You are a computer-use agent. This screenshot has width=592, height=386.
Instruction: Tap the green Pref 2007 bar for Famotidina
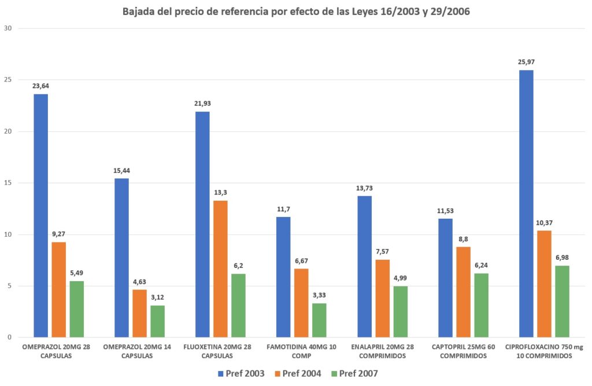click(x=319, y=320)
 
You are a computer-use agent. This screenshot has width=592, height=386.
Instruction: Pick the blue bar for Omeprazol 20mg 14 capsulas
click(x=121, y=258)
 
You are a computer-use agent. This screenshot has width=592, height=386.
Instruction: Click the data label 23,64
click(x=40, y=86)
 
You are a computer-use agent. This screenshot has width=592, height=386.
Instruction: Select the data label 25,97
click(x=526, y=62)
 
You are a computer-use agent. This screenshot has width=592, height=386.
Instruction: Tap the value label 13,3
click(x=220, y=193)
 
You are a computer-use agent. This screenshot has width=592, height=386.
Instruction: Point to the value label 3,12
click(x=157, y=297)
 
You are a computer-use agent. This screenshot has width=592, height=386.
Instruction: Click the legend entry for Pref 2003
click(x=242, y=374)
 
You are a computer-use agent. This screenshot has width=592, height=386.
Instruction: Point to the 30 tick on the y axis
click(x=8, y=28)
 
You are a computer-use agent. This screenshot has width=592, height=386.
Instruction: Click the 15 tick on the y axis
click(x=8, y=183)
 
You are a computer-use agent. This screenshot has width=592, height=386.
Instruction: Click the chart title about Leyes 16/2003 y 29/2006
click(x=295, y=12)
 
